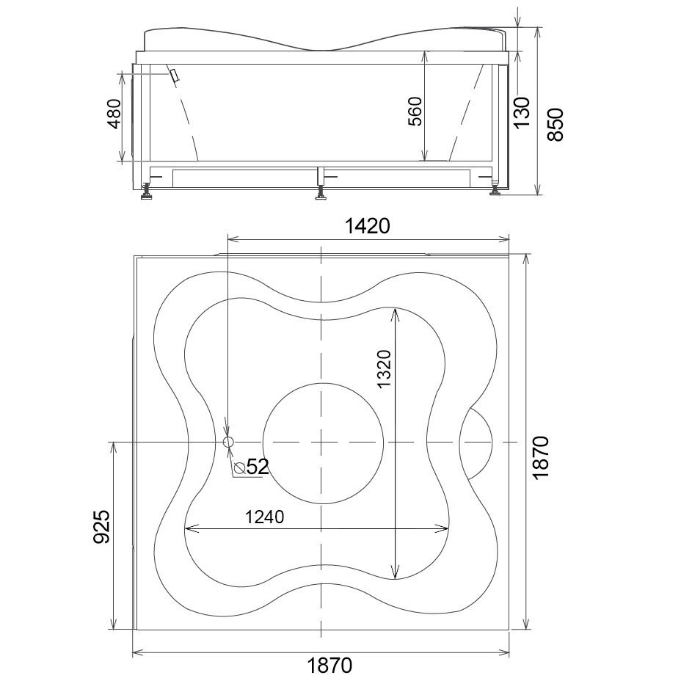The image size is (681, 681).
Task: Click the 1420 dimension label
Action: pyautogui.click(x=368, y=226)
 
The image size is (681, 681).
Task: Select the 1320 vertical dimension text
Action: pyautogui.click(x=385, y=368)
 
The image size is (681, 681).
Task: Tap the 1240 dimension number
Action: pyautogui.click(x=264, y=517)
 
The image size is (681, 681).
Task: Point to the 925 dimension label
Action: pyautogui.click(x=101, y=527)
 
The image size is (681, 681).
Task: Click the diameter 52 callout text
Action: pyautogui.click(x=252, y=467)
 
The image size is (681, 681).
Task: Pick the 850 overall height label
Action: pyautogui.click(x=555, y=125)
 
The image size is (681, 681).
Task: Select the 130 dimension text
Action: pyautogui.click(x=522, y=112)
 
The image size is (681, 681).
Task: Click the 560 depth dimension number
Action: pyautogui.click(x=415, y=112)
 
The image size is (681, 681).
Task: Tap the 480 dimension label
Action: pyautogui.click(x=114, y=114)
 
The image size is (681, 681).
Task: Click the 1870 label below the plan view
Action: pyautogui.click(x=329, y=665)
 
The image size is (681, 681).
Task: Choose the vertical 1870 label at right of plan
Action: pyautogui.click(x=541, y=457)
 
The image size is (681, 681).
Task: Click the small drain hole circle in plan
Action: pyautogui.click(x=228, y=442)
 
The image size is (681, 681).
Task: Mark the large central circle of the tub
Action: pyautogui.click(x=324, y=443)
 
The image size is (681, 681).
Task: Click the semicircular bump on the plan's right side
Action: pyautogui.click(x=476, y=443)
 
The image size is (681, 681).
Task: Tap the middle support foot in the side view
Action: pyautogui.click(x=321, y=192)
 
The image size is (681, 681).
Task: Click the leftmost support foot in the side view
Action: pyautogui.click(x=146, y=192)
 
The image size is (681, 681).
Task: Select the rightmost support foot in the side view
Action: pyautogui.click(x=495, y=190)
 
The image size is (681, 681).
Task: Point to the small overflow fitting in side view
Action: pyautogui.click(x=175, y=76)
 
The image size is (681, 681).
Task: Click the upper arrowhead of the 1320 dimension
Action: pyautogui.click(x=395, y=313)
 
